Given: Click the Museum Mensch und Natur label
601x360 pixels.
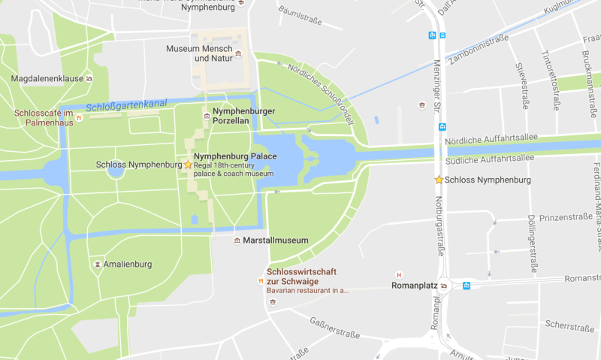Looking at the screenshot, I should pos(199,53).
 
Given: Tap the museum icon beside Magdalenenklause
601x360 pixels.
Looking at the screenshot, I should pos(89,78).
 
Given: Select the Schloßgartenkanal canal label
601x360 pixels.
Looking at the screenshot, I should pos(126,106).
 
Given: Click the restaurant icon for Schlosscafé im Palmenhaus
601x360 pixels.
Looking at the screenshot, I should pos(78,118).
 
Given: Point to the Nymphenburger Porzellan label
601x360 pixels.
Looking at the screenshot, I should pos(244,116).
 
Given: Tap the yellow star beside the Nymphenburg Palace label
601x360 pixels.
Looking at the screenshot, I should pos(188,164).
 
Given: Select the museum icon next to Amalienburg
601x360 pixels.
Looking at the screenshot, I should pos(98,264).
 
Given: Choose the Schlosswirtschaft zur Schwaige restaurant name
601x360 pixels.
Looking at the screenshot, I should pos(300,276).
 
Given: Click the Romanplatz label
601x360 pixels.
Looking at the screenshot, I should pos(415,286).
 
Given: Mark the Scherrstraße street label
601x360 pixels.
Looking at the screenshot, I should pos(569,327).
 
